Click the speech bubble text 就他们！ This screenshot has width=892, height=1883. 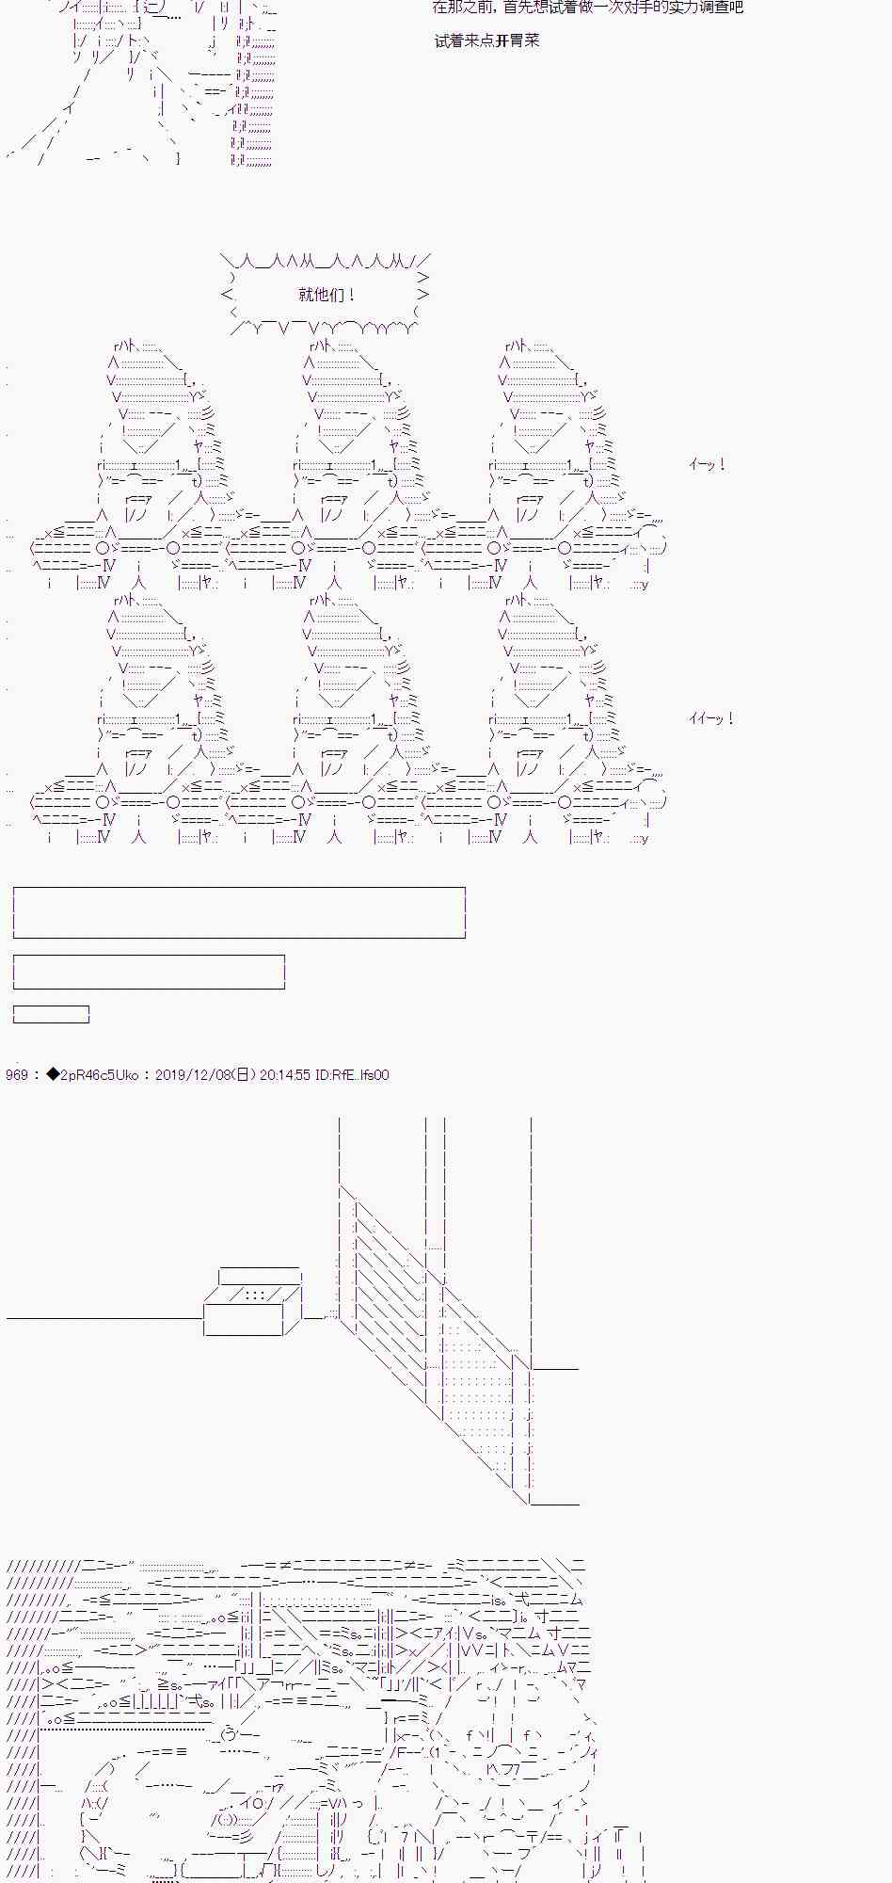(327, 295)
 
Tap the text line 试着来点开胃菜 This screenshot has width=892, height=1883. (487, 40)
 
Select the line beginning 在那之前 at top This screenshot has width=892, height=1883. (587, 8)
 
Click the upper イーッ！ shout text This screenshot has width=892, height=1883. (707, 464)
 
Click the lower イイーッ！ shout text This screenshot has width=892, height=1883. (710, 718)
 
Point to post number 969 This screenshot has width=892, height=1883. (16, 1074)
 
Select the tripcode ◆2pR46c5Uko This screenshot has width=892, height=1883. (92, 1074)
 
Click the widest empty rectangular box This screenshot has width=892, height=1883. (239, 911)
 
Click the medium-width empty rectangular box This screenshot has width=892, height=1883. (149, 972)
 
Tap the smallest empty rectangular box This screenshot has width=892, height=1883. (51, 1014)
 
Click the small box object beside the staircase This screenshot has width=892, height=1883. (252, 1302)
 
